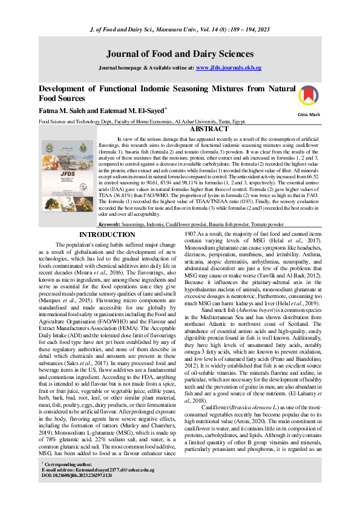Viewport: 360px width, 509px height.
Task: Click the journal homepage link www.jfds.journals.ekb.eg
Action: tap(229, 68)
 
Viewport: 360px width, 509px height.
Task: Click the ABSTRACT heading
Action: tap(209, 129)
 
